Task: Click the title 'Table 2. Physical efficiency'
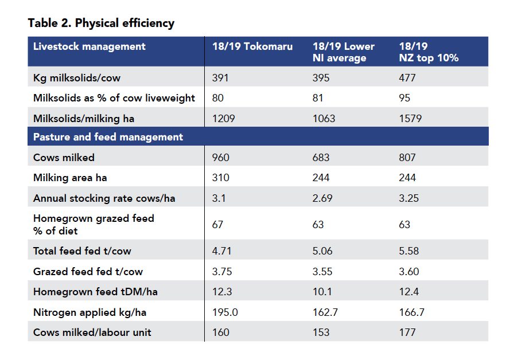[101, 24]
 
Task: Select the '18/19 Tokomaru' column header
[252, 46]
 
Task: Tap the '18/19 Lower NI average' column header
[343, 52]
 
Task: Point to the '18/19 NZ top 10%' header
[429, 52]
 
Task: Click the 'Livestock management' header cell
[89, 46]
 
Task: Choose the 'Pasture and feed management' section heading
[108, 137]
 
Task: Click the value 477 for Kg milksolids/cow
[408, 78]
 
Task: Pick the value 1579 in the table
[410, 119]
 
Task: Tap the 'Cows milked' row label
[64, 158]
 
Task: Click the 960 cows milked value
[220, 158]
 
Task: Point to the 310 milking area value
[220, 178]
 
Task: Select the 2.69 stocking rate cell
[323, 198]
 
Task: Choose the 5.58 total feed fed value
[410, 251]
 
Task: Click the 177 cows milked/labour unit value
[407, 332]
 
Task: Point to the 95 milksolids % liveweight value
[404, 98]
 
